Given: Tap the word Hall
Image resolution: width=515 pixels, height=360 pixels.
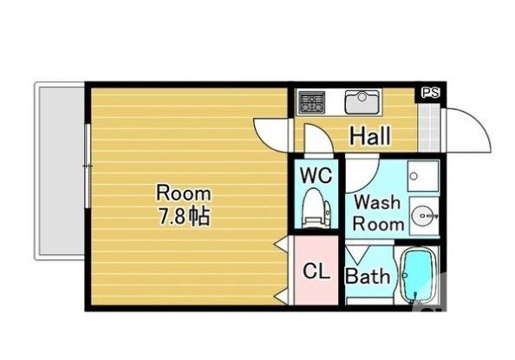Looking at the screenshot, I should (x=370, y=135).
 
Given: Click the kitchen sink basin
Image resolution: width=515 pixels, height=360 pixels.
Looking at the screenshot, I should (x=363, y=101).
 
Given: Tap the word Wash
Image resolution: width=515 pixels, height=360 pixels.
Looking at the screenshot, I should (x=378, y=203).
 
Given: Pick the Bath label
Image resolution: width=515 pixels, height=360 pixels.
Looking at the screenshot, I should (x=368, y=277).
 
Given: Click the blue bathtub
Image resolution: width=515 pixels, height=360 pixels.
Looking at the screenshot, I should (x=418, y=277).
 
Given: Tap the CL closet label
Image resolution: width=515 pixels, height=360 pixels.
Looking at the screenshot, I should (x=316, y=271).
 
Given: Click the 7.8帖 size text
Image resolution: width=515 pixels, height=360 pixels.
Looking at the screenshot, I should (x=182, y=216).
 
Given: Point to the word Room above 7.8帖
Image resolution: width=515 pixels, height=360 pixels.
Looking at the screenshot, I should (x=183, y=192).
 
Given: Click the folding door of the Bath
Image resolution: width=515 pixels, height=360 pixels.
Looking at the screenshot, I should (x=356, y=254).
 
